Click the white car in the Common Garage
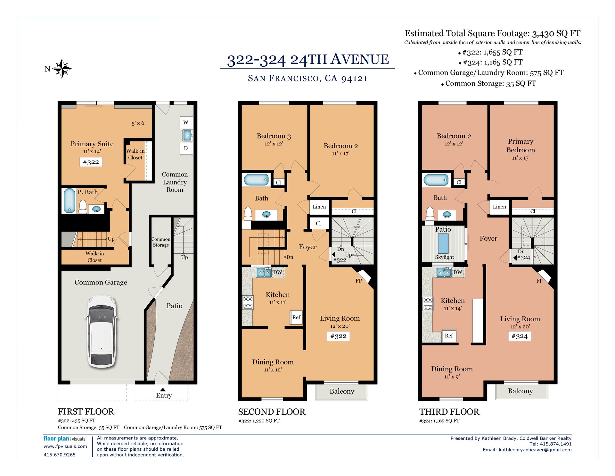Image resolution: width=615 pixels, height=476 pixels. (102, 331)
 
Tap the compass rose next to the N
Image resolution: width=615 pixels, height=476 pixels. (62, 69)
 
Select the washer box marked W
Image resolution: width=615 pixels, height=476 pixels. (186, 122)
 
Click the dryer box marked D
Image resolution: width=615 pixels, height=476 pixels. (186, 148)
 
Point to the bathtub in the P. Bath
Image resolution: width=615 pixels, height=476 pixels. (69, 200)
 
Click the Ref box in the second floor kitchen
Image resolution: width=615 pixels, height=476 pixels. (296, 318)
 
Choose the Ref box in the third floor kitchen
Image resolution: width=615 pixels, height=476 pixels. (449, 336)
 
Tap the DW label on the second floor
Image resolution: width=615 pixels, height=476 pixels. (278, 272)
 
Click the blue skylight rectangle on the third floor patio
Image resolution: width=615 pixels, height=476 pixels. (443, 243)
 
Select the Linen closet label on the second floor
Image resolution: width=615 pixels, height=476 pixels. (319, 207)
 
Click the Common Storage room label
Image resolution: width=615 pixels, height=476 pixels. (161, 242)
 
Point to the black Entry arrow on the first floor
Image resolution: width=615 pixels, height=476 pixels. (163, 390)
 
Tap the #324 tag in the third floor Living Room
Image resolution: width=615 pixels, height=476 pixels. (520, 336)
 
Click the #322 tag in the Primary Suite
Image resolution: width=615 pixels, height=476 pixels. (91, 162)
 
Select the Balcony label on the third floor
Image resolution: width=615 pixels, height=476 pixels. (520, 391)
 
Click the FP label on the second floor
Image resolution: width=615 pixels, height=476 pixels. (359, 281)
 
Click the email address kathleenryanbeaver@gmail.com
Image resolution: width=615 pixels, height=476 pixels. (535, 450)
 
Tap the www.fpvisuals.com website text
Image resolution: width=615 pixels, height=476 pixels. (65, 446)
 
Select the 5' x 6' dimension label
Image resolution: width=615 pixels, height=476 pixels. (138, 123)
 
